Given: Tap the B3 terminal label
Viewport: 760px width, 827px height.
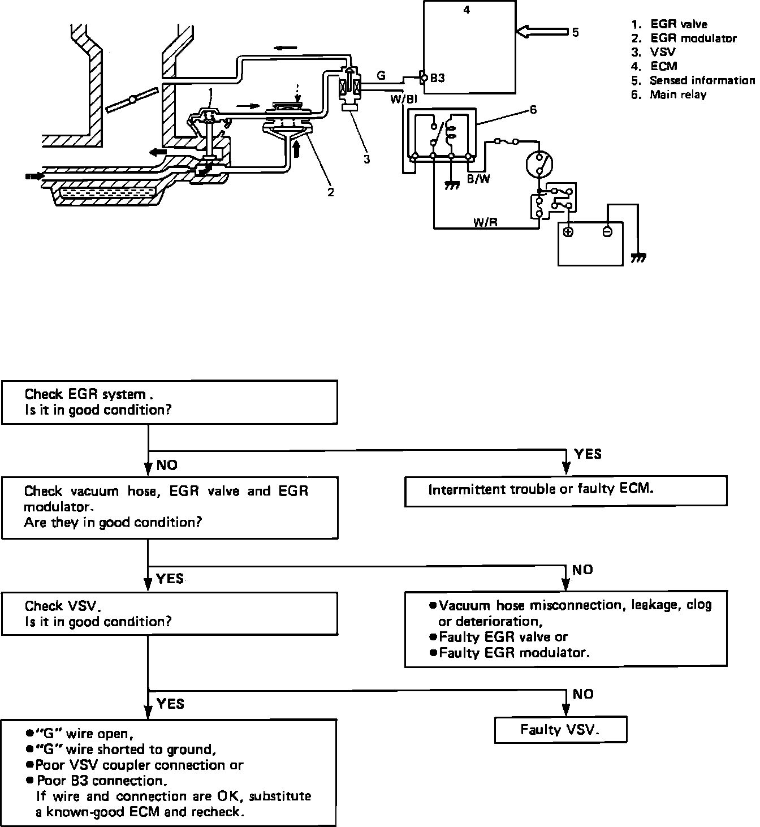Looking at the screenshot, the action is (437, 78).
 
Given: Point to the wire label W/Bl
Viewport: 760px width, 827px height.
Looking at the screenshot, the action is (404, 99).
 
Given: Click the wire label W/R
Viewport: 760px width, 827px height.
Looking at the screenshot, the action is (485, 222).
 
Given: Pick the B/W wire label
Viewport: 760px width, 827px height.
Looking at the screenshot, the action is (478, 179).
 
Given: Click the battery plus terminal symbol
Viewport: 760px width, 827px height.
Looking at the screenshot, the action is (568, 232).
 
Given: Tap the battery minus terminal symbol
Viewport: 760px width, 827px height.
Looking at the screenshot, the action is (607, 232).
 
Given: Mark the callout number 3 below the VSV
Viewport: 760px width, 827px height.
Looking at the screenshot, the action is (367, 159).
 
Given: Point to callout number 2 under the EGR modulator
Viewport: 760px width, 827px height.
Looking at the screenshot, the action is (331, 192).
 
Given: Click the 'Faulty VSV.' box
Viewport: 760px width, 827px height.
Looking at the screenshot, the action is (560, 730).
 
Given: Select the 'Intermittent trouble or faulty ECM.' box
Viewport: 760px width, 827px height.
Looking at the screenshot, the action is (566, 490).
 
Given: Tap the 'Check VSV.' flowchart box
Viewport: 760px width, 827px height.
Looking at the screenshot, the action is (170, 613).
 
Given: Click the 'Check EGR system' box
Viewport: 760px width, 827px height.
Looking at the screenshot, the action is (170, 402).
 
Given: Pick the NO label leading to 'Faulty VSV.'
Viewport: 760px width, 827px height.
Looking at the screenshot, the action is (583, 694).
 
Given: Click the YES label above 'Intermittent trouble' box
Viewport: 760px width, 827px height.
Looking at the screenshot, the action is (588, 454).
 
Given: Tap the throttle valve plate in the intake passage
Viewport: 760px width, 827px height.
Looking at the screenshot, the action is (132, 100).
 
